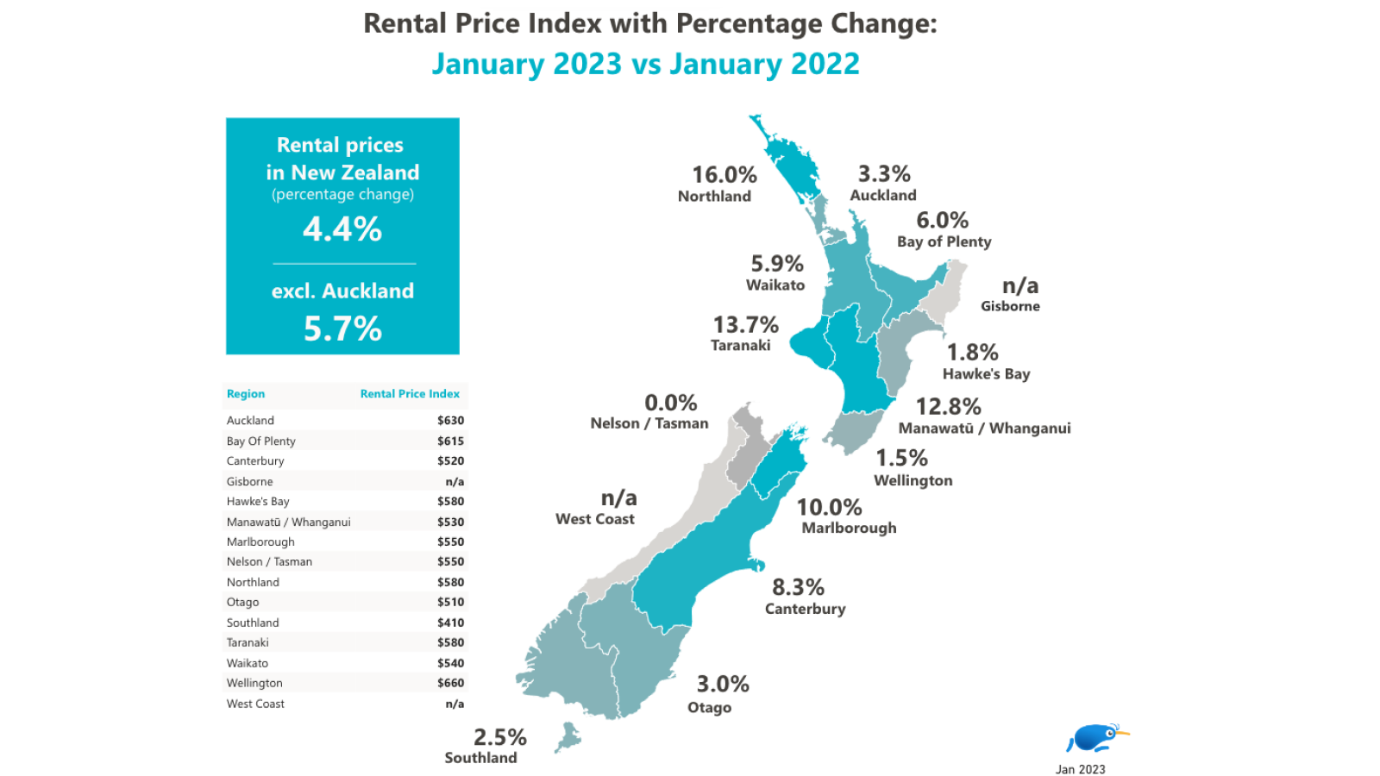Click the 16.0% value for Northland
724,175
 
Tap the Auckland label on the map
882,196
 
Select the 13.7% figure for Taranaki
745,325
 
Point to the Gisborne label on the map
1010,306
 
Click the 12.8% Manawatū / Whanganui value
948,407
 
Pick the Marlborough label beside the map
849,528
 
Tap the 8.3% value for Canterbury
798,588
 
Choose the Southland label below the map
480,758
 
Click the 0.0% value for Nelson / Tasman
670,403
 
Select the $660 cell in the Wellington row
450,683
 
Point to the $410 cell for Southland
450,623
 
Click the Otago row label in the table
242,602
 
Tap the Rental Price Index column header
410,394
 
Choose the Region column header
246,394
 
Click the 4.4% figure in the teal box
342,229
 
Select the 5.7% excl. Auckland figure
342,329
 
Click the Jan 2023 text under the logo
1080,769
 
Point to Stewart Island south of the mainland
568,738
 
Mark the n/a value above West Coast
618,498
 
